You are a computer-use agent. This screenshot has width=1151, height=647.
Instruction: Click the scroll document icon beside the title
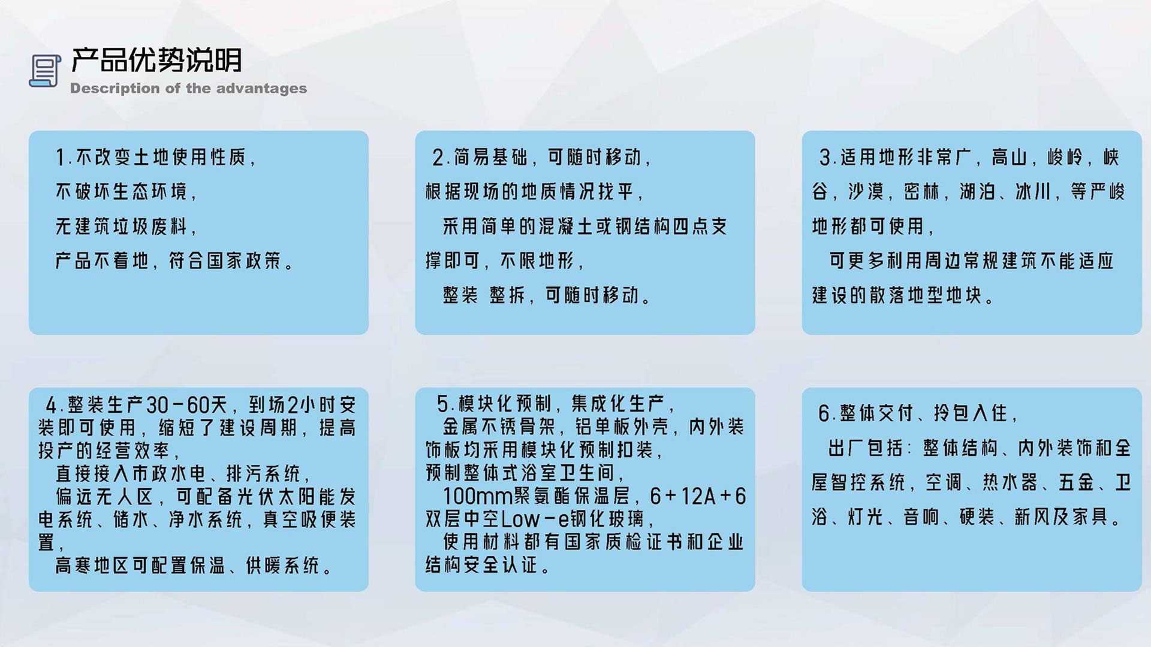pyautogui.click(x=45, y=71)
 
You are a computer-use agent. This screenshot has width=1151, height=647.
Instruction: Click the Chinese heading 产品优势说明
pyautogui.click(x=156, y=60)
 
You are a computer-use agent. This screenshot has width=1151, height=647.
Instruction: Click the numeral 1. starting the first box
pyautogui.click(x=64, y=158)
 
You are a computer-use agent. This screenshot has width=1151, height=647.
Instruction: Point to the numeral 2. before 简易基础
pyautogui.click(x=441, y=158)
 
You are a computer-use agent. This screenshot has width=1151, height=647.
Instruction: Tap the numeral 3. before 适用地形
pyautogui.click(x=828, y=158)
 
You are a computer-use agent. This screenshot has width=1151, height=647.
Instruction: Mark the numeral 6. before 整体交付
pyautogui.click(x=828, y=413)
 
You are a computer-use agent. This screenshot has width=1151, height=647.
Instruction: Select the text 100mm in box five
pyautogui.click(x=478, y=496)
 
